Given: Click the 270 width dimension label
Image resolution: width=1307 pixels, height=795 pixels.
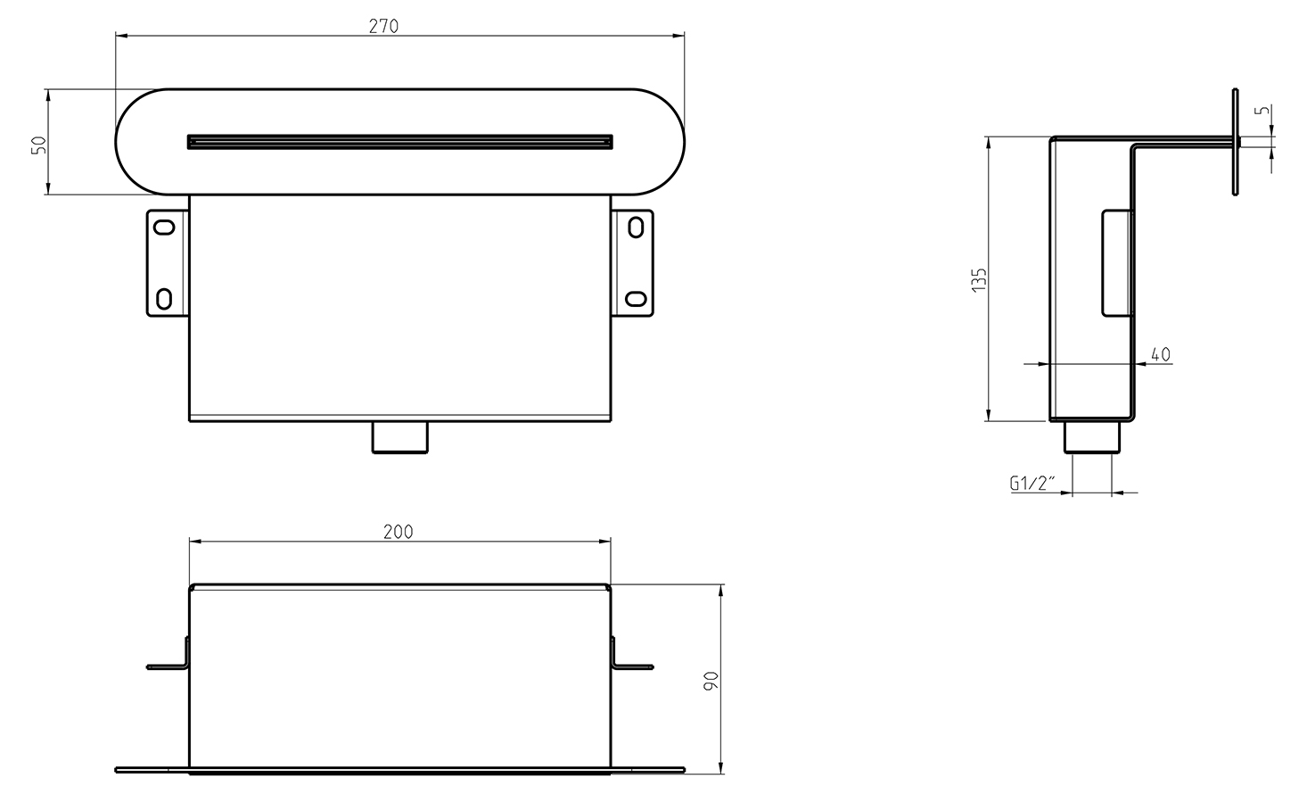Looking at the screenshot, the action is (x=383, y=26).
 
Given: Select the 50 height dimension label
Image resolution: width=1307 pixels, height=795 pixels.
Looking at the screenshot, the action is (x=38, y=145).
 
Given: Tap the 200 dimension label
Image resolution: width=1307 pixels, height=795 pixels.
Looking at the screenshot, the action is (x=398, y=532).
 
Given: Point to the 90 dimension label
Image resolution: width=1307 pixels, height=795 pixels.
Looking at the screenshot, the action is (x=711, y=681).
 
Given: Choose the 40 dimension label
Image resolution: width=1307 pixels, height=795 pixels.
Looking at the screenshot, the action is (x=1161, y=354).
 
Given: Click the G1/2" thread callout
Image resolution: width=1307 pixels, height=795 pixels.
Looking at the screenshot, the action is (x=1032, y=483).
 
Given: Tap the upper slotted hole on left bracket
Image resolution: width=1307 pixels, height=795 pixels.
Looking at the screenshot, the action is (x=165, y=228).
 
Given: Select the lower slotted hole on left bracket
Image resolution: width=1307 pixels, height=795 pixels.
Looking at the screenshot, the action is (x=165, y=299).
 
